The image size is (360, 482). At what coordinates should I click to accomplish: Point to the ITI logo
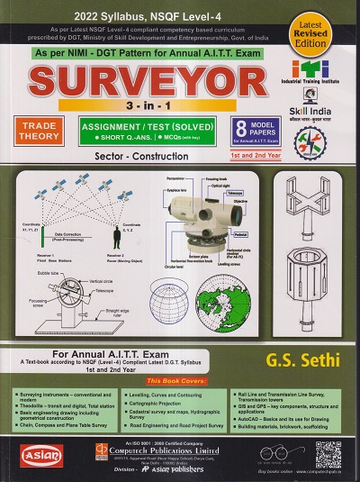(x=310, y=66)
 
